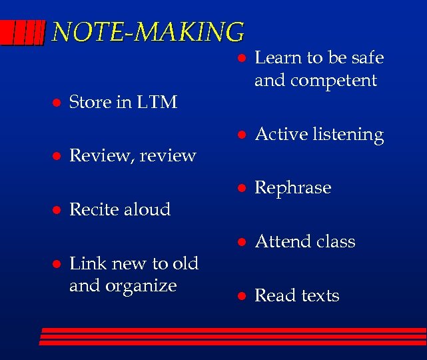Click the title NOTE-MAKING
[x=148, y=31]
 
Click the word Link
[x=85, y=263]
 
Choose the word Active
[x=279, y=135]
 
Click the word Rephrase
[x=293, y=188]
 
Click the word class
[x=335, y=241]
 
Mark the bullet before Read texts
[x=243, y=296]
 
